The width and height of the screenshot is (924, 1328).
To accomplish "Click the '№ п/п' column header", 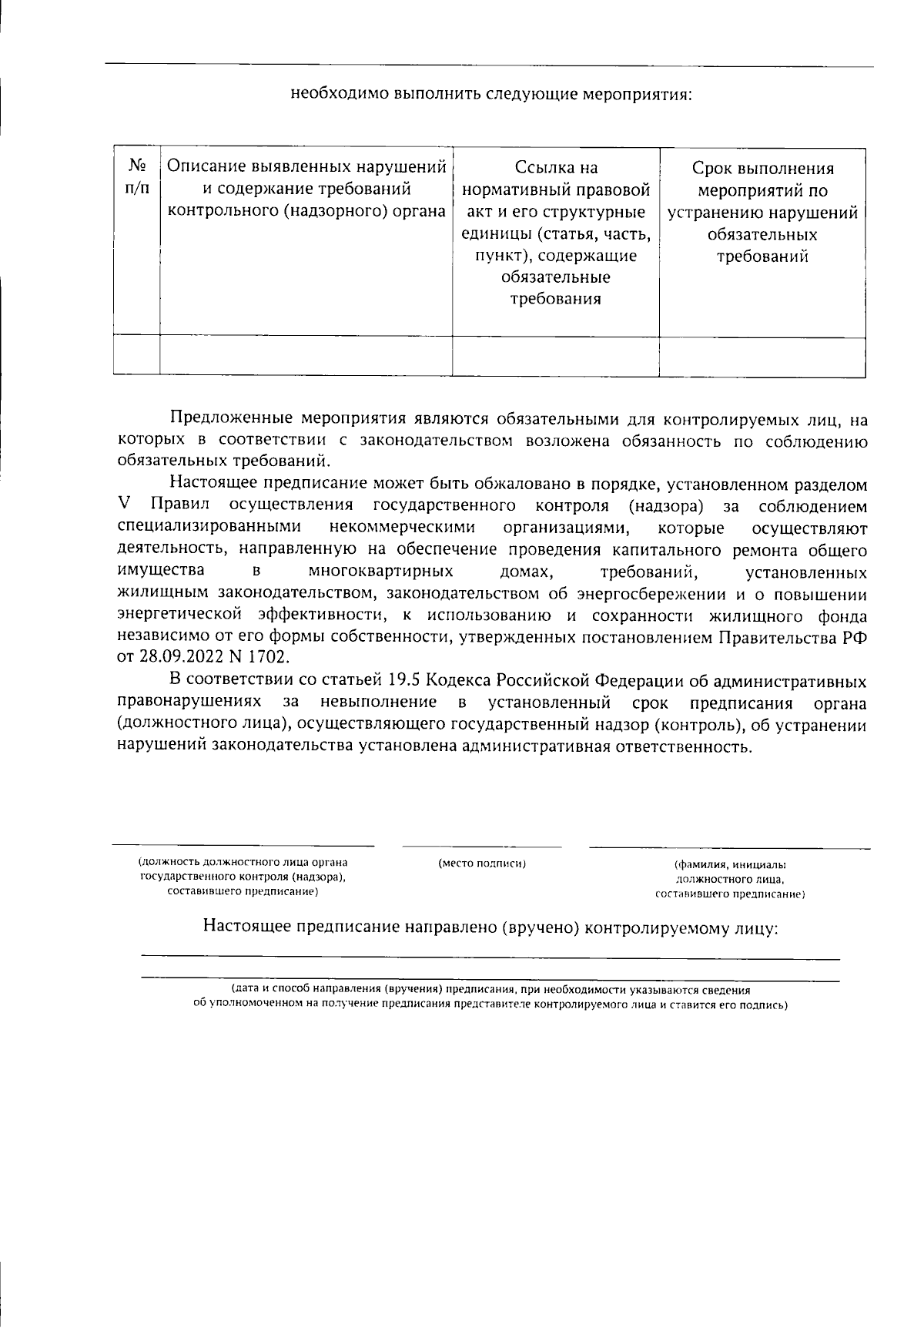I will (136, 177).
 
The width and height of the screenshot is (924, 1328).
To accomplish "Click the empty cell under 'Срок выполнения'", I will (762, 356).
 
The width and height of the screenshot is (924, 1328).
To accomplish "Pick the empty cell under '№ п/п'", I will (136, 355).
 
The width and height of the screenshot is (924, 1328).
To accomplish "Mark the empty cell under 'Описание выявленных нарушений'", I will (306, 355).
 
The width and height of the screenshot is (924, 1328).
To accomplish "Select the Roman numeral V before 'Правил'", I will (125, 507).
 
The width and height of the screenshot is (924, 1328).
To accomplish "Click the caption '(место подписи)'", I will (482, 864).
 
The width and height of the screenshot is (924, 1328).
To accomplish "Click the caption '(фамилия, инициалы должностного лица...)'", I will (729, 879).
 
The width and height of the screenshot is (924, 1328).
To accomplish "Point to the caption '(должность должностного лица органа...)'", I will (243, 877).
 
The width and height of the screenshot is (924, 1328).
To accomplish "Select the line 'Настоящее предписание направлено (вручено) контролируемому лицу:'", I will (490, 927).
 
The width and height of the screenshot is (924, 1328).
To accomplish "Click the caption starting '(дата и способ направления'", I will (490, 998).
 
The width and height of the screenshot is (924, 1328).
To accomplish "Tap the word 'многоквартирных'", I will (380, 572).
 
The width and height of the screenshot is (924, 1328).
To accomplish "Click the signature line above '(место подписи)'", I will (482, 847).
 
